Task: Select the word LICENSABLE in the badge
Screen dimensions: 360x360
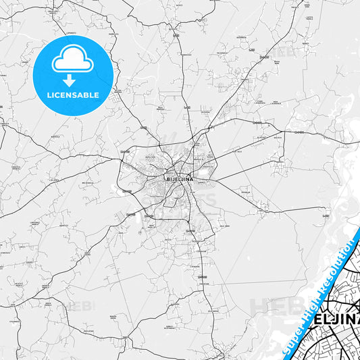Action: (x=73, y=95)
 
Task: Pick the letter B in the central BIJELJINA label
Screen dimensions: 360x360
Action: (x=168, y=179)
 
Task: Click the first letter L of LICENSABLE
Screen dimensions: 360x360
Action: (x=48, y=95)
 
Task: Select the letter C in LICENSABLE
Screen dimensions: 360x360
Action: (x=58, y=95)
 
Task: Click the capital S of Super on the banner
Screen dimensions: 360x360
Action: (x=285, y=350)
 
